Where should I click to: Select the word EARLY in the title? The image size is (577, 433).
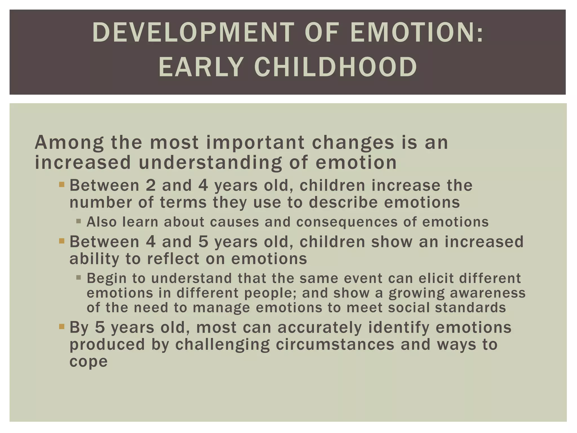point(201,67)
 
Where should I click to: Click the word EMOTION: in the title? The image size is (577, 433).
point(417,33)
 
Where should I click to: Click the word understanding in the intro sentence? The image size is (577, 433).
point(210,163)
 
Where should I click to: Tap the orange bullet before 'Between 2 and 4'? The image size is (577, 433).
point(62,185)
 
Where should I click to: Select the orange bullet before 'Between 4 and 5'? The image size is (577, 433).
point(62,241)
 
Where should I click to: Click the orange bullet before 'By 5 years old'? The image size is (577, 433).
point(62,327)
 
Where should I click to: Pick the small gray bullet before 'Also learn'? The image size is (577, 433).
point(79,221)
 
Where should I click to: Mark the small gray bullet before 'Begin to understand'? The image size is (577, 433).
point(79,278)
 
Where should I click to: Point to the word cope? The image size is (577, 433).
point(88,362)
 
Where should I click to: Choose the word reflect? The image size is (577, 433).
point(173,259)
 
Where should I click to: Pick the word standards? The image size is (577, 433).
point(470,307)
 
